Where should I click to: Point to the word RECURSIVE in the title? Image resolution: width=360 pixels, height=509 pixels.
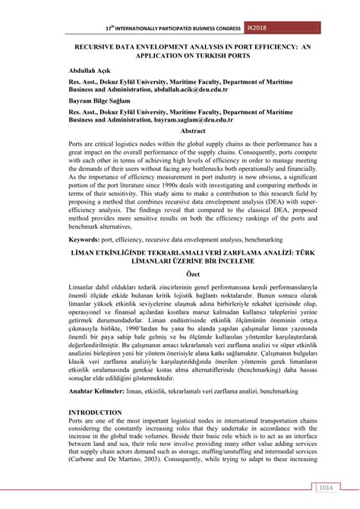tap(99, 46)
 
